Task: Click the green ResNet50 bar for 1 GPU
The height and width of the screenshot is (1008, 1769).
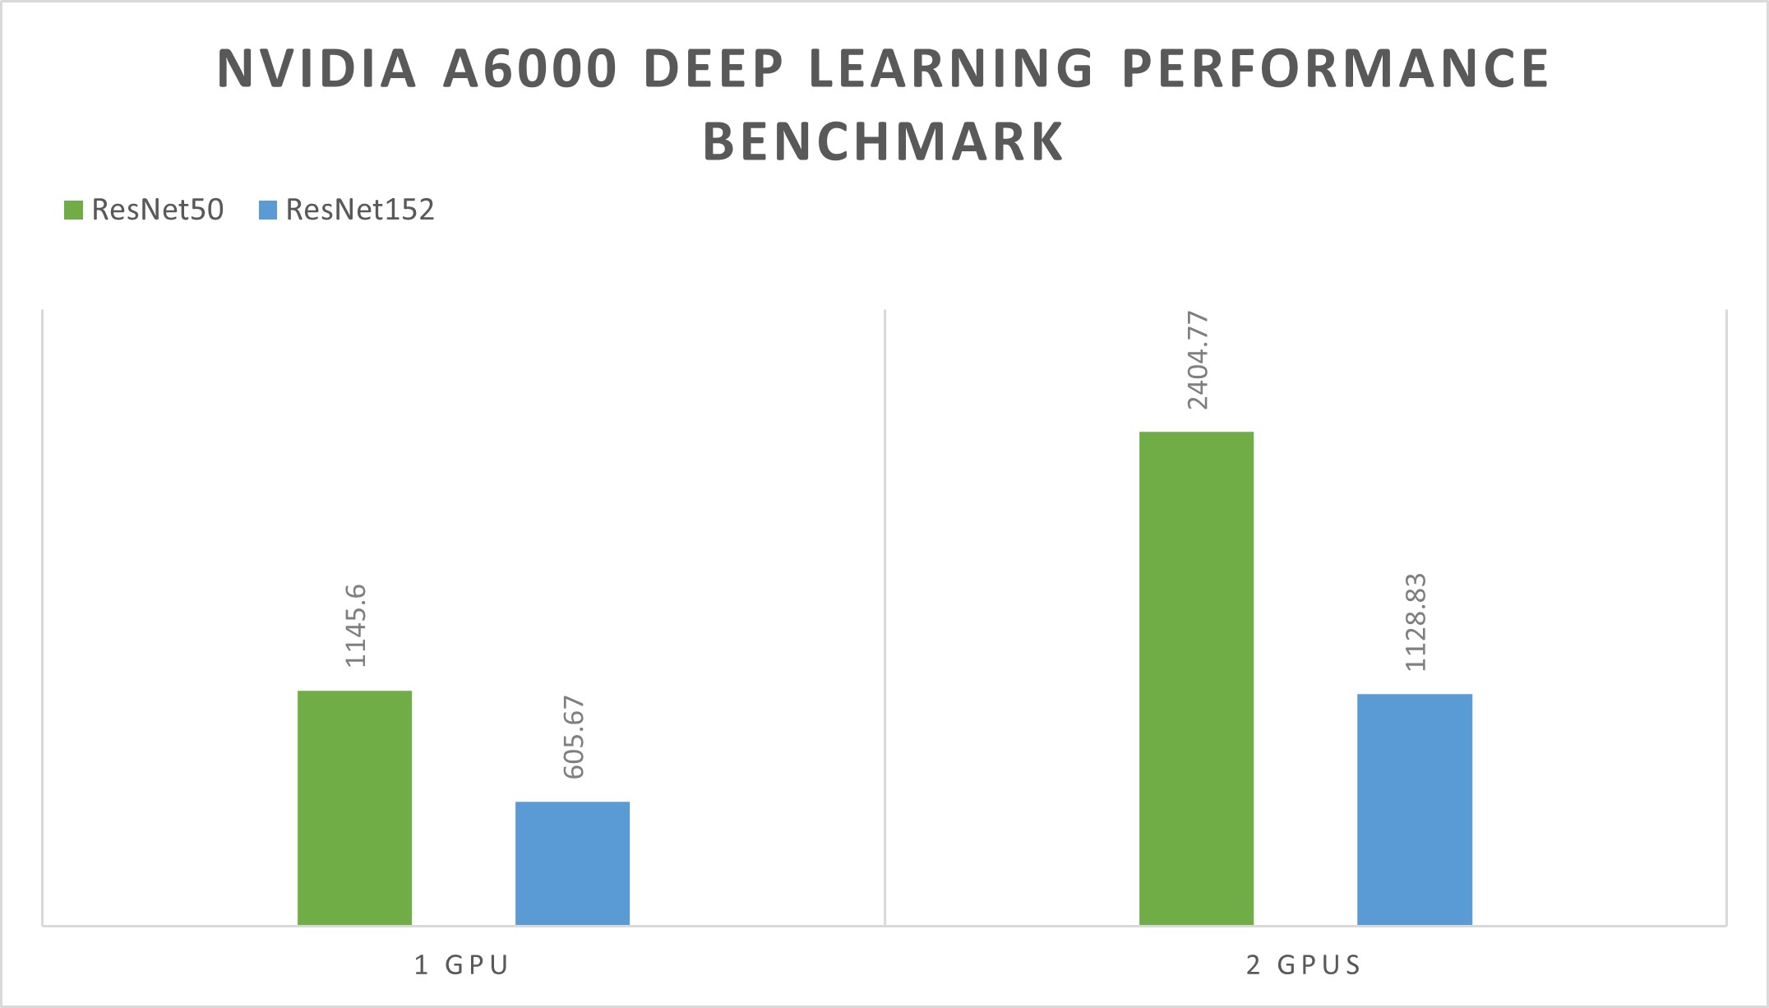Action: click(x=354, y=807)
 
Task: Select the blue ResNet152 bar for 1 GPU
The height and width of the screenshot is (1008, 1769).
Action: click(x=572, y=863)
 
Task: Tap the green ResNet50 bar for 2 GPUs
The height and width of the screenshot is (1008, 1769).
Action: click(x=1196, y=678)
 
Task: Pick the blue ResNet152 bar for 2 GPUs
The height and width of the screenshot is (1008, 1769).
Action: click(x=1414, y=809)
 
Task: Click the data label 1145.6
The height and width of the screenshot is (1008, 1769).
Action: click(x=356, y=626)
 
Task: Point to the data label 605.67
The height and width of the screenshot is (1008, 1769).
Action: click(x=574, y=738)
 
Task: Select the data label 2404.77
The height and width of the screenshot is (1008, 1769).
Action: click(x=1198, y=360)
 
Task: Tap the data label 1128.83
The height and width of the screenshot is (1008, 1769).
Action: click(x=1416, y=622)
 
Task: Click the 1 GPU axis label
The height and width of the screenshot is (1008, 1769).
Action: click(x=462, y=964)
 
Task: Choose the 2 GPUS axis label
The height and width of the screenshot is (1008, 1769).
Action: click(x=1304, y=964)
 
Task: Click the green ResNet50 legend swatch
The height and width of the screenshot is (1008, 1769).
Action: click(x=73, y=210)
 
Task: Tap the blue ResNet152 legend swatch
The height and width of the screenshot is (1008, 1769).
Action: click(x=268, y=210)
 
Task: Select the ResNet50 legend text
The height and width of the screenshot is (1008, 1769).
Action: click(x=158, y=210)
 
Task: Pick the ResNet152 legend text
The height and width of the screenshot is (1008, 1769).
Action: click(x=360, y=210)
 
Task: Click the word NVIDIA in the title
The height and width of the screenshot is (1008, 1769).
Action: click(x=317, y=68)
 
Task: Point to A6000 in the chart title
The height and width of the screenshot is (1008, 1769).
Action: click(x=530, y=68)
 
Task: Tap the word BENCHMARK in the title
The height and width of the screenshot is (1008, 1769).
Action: click(x=884, y=141)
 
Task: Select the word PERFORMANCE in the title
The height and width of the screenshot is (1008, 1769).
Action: click(x=1336, y=68)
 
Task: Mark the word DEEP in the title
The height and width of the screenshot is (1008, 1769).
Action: click(x=714, y=68)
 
